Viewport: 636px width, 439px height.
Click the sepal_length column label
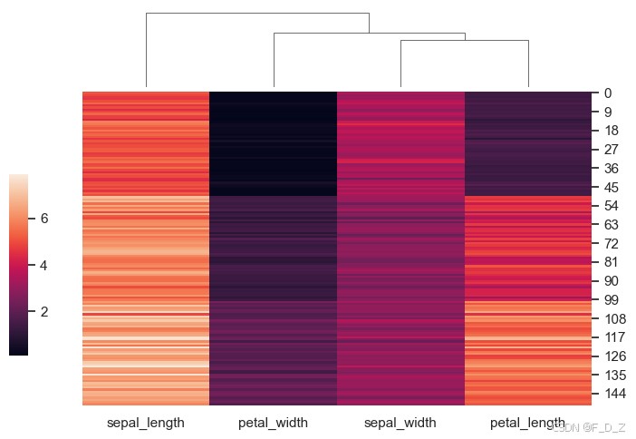pos(146,423)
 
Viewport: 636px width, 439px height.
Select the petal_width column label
pos(273,423)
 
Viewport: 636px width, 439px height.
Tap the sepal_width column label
pos(400,423)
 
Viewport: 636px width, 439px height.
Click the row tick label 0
pos(608,93)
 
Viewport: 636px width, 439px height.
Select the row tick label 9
pos(608,112)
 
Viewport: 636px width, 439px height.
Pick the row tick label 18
pos(612,131)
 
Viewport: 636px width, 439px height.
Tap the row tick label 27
pos(612,150)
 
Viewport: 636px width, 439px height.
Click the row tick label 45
pos(612,187)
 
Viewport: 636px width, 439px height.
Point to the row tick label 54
pos(612,206)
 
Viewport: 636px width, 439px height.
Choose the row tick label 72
pos(612,243)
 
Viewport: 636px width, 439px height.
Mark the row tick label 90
pos(612,280)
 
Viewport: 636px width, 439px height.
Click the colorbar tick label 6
pos(43,219)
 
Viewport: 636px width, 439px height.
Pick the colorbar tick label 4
pos(43,265)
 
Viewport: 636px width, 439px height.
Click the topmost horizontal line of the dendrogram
pos(257,14)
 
